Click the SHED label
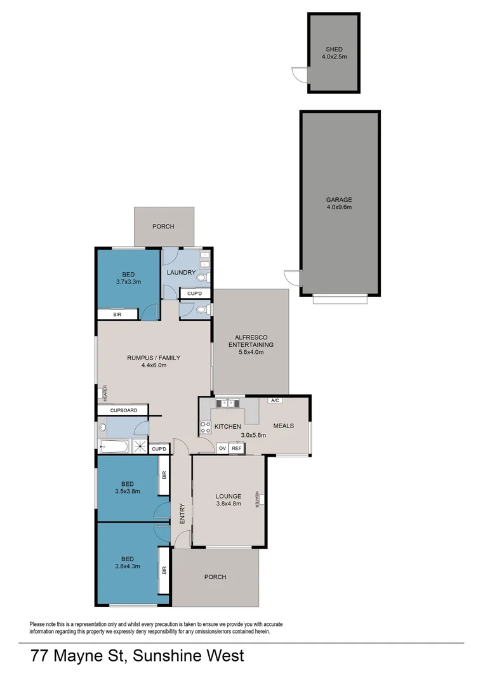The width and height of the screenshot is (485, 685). click(x=334, y=49)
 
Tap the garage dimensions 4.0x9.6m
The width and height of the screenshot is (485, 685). click(x=339, y=207)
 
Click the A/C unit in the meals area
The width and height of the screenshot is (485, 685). click(x=275, y=401)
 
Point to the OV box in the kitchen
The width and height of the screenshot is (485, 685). click(x=222, y=448)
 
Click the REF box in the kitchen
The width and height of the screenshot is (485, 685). click(x=236, y=448)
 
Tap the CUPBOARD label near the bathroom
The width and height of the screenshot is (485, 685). click(x=123, y=410)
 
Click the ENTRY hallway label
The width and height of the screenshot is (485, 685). click(x=182, y=512)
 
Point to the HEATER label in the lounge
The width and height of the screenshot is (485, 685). click(x=257, y=500)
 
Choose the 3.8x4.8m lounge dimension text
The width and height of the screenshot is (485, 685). click(x=228, y=505)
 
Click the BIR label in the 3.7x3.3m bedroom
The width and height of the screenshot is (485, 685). click(x=117, y=315)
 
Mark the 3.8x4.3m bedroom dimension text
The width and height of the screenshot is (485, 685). click(x=128, y=566)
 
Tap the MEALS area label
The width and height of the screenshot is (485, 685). click(x=283, y=426)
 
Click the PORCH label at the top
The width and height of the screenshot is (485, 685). click(x=163, y=226)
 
